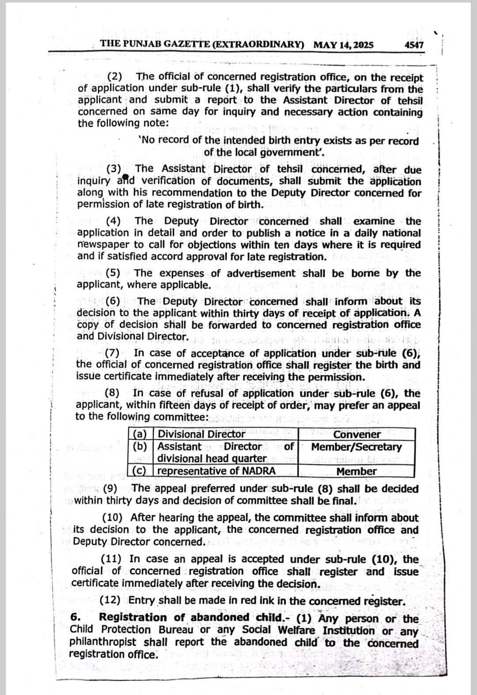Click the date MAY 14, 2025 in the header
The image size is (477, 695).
click(x=343, y=45)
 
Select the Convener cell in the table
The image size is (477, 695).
click(x=357, y=434)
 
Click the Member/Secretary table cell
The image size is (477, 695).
click(x=356, y=447)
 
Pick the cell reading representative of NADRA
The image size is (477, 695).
click(x=216, y=471)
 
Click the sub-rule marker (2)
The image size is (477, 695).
click(x=115, y=77)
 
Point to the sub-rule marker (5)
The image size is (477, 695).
click(x=113, y=273)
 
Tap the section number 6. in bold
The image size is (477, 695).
click(x=75, y=618)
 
